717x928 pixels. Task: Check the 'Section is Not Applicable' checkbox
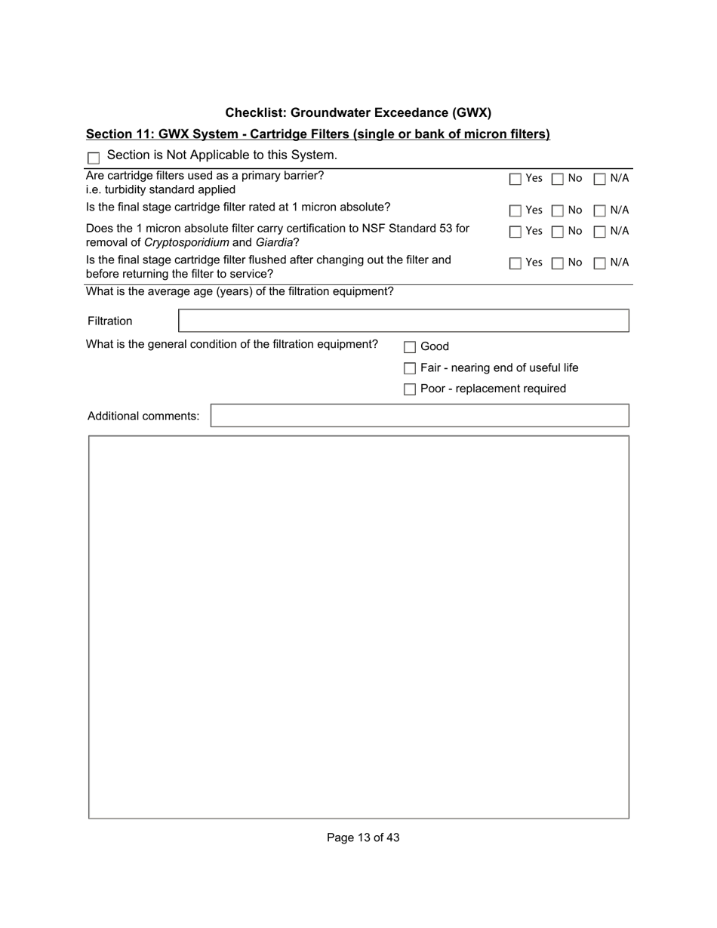(x=94, y=158)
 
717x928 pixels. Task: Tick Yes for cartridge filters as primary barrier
(x=515, y=180)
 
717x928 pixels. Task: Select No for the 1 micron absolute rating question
(x=558, y=211)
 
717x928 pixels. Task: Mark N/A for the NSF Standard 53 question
(x=600, y=232)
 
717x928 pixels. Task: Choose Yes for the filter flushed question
(x=515, y=264)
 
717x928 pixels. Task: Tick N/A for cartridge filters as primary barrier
(x=600, y=180)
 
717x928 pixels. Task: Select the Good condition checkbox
(x=410, y=348)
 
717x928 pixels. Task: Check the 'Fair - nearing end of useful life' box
(x=410, y=369)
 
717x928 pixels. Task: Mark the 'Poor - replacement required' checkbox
(x=410, y=390)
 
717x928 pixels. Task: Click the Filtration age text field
(x=403, y=321)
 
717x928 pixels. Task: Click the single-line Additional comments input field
(x=419, y=416)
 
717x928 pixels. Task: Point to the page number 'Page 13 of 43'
(x=363, y=837)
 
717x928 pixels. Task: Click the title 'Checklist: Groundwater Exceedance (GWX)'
(x=358, y=113)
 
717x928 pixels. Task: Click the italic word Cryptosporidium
(x=186, y=242)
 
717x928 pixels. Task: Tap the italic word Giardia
(x=274, y=242)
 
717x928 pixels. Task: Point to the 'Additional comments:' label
(x=143, y=416)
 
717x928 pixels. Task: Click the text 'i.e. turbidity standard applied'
(x=161, y=189)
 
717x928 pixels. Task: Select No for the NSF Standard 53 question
(x=558, y=232)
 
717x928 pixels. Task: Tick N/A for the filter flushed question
(x=600, y=264)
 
